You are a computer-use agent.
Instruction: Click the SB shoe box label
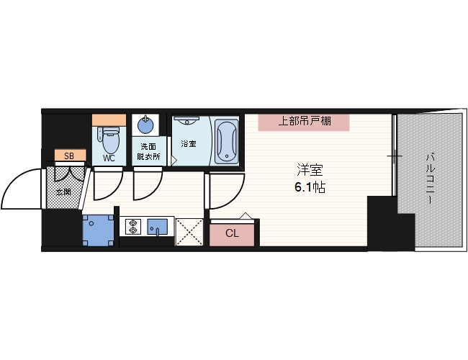69,156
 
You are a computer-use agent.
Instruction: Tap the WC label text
109,158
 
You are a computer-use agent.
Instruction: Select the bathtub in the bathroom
225,140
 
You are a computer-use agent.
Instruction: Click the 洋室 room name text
309,171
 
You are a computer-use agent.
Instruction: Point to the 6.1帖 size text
309,186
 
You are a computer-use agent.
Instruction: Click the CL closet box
232,233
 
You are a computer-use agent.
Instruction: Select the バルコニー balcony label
429,177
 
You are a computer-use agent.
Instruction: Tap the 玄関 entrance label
63,191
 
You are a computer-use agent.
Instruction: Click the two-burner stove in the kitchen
132,228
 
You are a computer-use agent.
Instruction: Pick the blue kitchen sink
158,228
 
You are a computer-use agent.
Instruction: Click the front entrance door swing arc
22,189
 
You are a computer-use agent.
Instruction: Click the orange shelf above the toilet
109,119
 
